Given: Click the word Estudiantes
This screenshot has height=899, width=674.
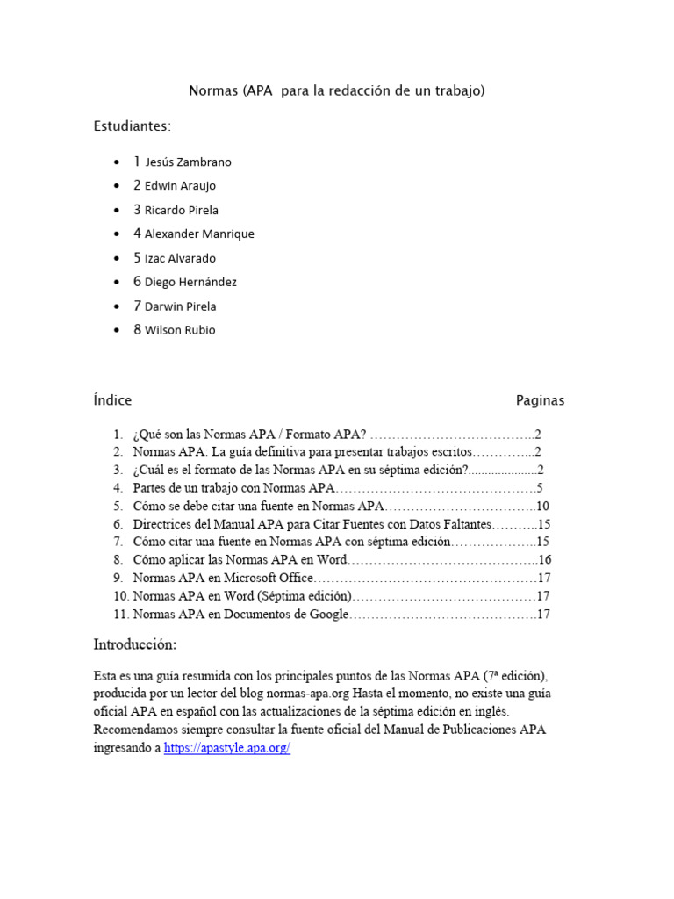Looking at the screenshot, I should point(133,126).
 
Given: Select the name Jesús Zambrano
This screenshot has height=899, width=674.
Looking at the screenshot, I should point(188,162).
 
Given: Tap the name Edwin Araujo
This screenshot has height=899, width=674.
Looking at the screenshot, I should point(180,186).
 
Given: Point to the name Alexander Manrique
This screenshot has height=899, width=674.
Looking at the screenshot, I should point(199,234).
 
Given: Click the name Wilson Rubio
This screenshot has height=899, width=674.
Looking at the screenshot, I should point(180,331).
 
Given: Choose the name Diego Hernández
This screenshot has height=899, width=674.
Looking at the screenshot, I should point(190,283).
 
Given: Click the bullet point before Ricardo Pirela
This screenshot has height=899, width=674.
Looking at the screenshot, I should point(118,211).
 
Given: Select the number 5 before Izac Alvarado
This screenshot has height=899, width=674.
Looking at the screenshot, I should point(137,258).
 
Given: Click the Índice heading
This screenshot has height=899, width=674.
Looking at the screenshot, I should point(112,400).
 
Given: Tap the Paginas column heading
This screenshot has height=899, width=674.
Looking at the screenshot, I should point(540,400).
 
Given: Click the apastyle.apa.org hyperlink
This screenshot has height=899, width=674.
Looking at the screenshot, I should point(227,748).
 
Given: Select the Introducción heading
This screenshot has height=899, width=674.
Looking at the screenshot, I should point(135,644).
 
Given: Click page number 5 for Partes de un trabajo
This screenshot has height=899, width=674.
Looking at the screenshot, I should point(540,488).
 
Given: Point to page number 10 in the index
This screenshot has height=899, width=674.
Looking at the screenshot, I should point(542,507).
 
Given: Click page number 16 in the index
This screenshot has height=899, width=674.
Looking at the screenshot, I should point(544,560).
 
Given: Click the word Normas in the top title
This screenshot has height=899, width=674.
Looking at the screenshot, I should point(214,90).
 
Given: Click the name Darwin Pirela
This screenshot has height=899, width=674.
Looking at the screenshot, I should point(180,306).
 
